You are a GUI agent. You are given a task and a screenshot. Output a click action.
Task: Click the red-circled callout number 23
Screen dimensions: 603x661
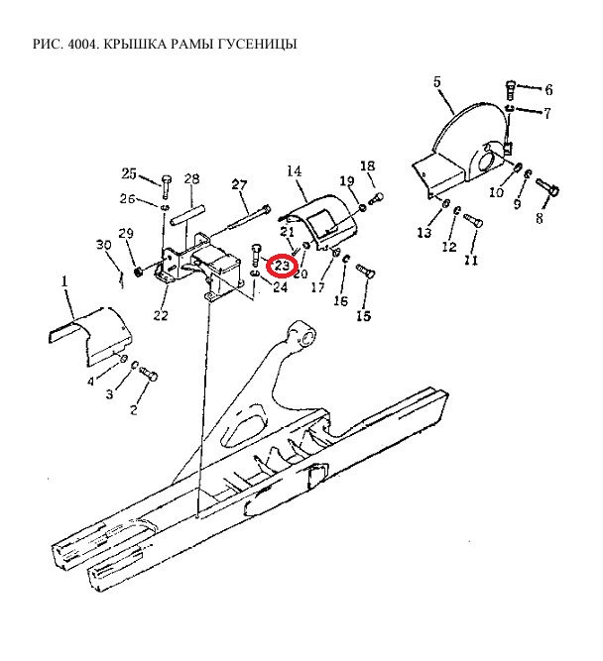point(282,266)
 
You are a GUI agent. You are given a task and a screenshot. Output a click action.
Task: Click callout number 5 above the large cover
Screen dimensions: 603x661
point(436,82)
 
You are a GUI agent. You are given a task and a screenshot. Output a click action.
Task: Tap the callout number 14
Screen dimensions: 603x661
point(295,171)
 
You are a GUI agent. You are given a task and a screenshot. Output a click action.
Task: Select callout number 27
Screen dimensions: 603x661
point(239,184)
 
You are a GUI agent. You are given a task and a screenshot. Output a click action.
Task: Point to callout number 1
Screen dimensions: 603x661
point(64,280)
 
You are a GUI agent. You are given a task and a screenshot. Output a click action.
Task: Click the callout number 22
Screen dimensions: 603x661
point(161,315)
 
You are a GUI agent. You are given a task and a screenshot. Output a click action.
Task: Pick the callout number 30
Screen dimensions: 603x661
point(104,245)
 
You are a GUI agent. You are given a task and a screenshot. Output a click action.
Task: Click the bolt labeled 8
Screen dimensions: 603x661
point(547,187)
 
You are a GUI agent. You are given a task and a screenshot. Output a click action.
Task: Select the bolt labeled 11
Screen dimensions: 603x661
point(473,221)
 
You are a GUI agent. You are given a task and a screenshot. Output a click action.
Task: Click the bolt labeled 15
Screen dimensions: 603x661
point(365,271)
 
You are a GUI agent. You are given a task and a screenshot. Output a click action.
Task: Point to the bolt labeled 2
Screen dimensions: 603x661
point(148,374)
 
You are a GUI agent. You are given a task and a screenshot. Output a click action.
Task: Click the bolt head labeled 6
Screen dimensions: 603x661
point(510,88)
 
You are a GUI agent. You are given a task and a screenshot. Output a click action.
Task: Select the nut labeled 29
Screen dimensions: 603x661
point(137,272)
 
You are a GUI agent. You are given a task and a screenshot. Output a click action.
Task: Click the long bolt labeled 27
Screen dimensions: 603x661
point(249,216)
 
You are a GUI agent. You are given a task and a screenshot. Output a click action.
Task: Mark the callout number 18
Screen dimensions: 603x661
point(368,166)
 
